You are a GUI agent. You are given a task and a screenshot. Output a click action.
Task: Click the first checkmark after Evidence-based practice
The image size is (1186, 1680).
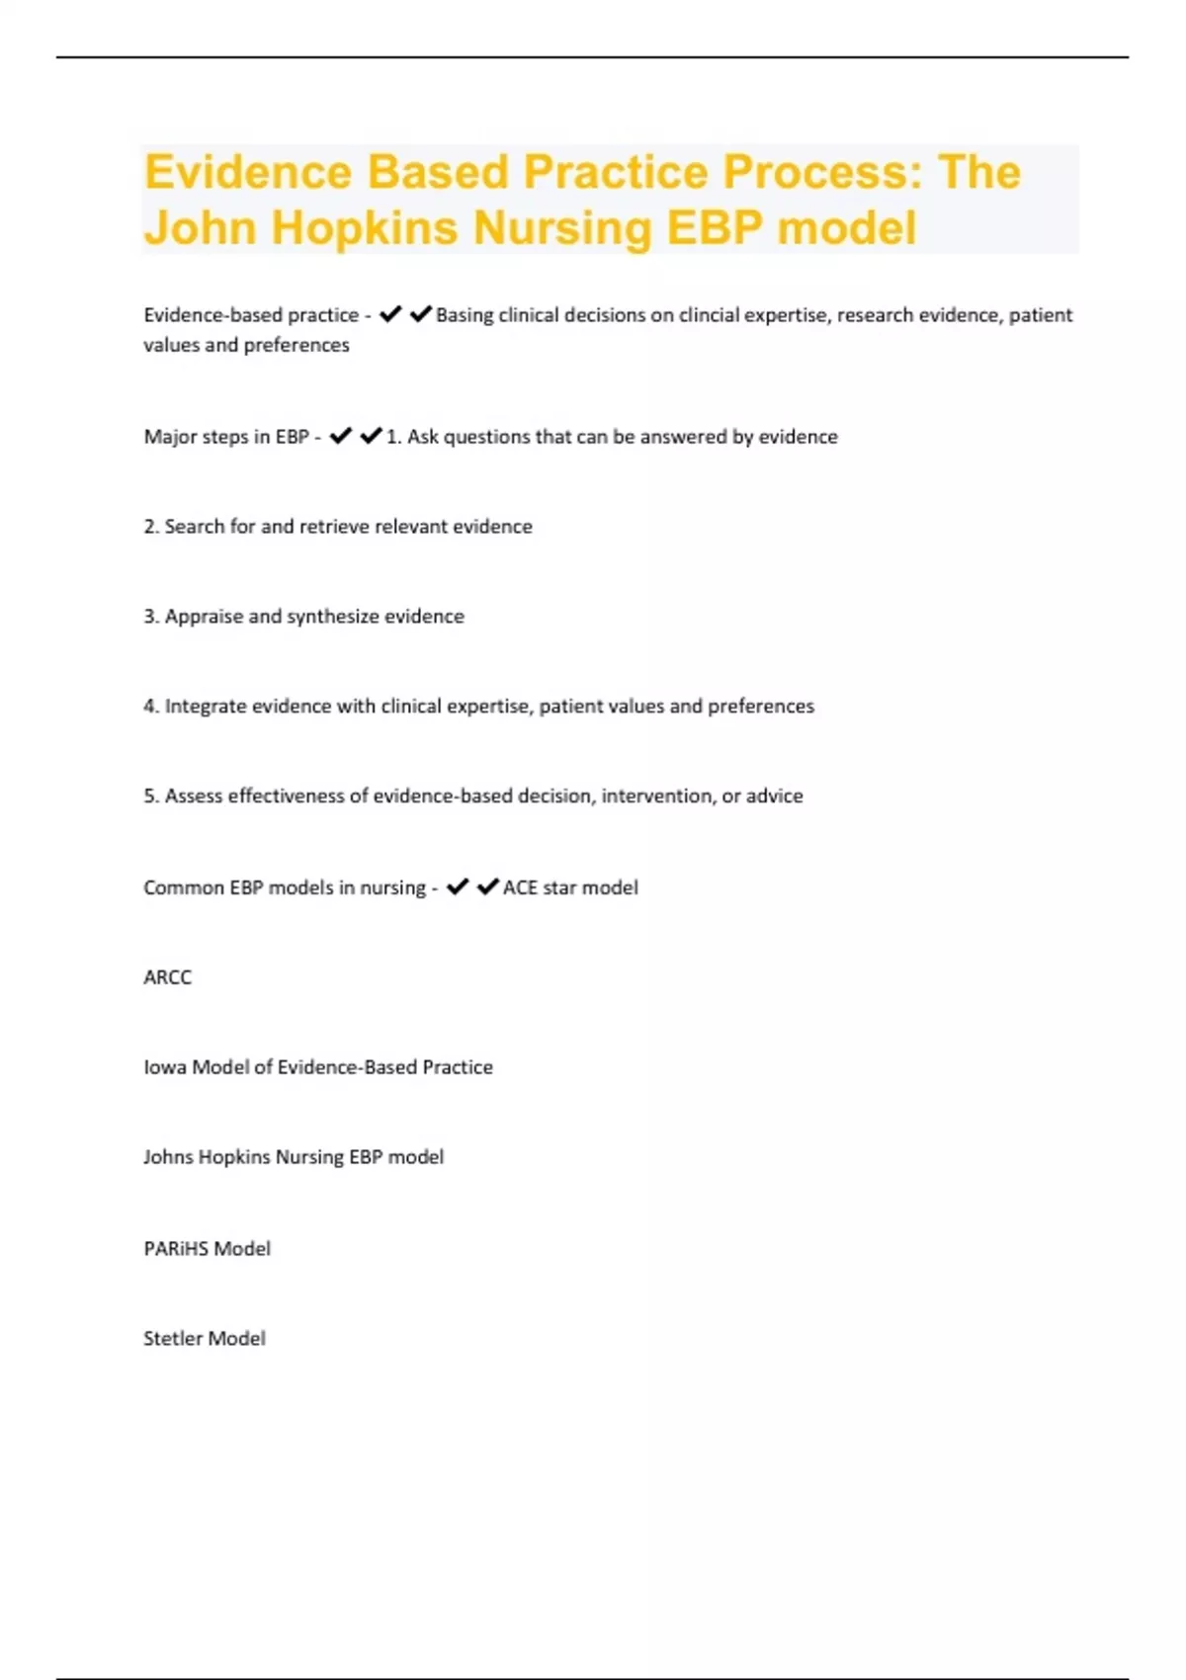(x=390, y=314)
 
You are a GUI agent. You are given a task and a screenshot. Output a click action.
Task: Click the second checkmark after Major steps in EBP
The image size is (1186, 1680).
(x=371, y=436)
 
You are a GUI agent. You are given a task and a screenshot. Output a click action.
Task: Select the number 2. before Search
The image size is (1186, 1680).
(x=151, y=527)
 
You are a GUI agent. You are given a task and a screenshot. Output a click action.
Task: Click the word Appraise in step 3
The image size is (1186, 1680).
(x=204, y=617)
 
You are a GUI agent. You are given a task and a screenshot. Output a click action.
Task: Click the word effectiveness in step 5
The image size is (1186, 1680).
(x=286, y=797)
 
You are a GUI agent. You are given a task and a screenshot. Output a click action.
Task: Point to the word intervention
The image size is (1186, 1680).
(x=656, y=797)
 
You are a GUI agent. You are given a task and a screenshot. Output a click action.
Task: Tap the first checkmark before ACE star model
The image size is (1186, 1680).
(x=457, y=886)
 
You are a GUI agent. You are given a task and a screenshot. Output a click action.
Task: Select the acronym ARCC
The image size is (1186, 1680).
(x=168, y=977)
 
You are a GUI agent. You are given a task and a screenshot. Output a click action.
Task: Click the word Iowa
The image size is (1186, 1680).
(x=165, y=1067)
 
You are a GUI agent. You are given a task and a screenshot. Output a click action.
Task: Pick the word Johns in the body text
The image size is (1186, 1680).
(x=168, y=1157)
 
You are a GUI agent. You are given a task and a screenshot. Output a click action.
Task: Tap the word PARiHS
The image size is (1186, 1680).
(x=177, y=1249)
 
